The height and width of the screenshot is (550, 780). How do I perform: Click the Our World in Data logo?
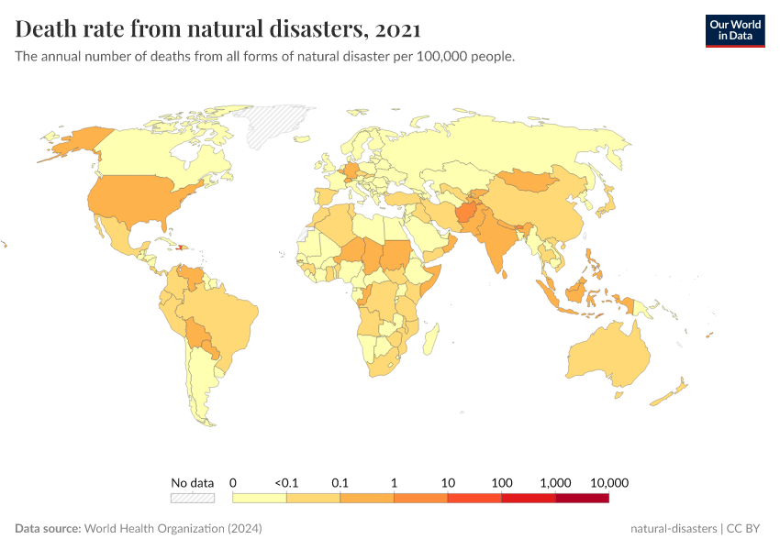point(734,29)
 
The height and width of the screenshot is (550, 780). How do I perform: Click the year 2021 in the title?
point(398,29)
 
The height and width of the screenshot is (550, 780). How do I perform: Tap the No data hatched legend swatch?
point(192,498)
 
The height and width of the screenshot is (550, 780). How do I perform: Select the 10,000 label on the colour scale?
point(608,482)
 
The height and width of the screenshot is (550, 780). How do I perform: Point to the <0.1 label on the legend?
point(285,482)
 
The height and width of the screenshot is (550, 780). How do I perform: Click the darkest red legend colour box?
point(582,498)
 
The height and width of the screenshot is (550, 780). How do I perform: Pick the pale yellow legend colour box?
point(260,498)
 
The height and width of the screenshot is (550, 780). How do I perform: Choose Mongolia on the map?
point(532,181)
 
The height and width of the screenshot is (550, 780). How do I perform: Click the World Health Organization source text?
point(173,529)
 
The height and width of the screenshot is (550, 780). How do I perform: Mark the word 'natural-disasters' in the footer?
point(674,529)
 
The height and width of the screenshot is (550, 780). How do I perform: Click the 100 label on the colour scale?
point(501,482)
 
